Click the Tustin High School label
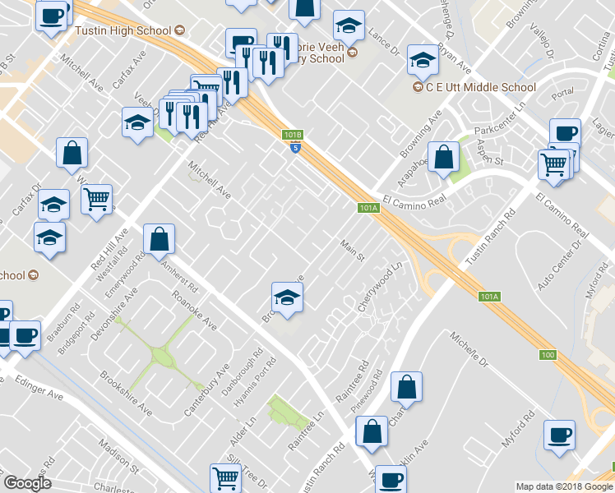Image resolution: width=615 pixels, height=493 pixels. coord(123,30)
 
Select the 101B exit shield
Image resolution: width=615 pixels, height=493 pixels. coord(293,134)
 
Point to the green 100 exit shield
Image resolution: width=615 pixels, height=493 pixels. coord(548,354)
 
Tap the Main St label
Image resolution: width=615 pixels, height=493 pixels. coord(353,250)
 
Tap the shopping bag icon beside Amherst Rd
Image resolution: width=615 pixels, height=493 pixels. coord(159,240)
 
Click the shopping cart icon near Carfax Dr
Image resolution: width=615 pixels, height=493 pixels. coord(97,199)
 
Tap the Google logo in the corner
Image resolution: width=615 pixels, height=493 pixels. coord(27,483)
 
